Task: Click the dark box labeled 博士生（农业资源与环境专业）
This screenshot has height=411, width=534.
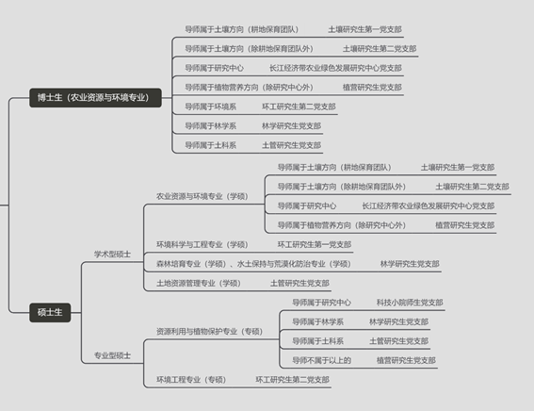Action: [95, 98]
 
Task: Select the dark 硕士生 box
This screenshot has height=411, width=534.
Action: [50, 312]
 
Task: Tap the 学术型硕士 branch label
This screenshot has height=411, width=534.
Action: [112, 255]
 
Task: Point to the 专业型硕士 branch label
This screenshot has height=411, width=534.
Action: [112, 355]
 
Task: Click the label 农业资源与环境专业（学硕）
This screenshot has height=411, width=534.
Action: [202, 196]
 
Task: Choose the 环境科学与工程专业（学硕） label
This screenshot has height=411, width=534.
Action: [202, 245]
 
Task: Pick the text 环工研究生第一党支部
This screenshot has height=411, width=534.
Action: [315, 245]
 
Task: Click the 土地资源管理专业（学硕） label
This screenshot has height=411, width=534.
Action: [199, 283]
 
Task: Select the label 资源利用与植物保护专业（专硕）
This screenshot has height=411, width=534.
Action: [209, 332]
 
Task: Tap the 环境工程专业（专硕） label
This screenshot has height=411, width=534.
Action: [191, 380]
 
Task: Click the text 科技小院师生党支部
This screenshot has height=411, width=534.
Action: [410, 303]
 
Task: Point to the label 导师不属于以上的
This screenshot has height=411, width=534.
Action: [321, 360]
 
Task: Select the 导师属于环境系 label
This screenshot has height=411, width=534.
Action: [210, 107]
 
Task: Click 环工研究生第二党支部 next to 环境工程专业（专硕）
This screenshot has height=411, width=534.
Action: [293, 380]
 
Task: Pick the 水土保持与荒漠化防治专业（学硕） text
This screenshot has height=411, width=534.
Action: [294, 264]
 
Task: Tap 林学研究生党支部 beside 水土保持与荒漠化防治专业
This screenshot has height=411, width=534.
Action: [410, 264]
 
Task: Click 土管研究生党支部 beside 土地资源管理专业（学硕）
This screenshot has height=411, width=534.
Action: [299, 283]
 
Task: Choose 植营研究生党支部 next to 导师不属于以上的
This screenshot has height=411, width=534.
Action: [406, 360]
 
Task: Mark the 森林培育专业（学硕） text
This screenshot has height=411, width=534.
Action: [191, 264]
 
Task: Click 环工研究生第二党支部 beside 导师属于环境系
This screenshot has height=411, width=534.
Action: [299, 107]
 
